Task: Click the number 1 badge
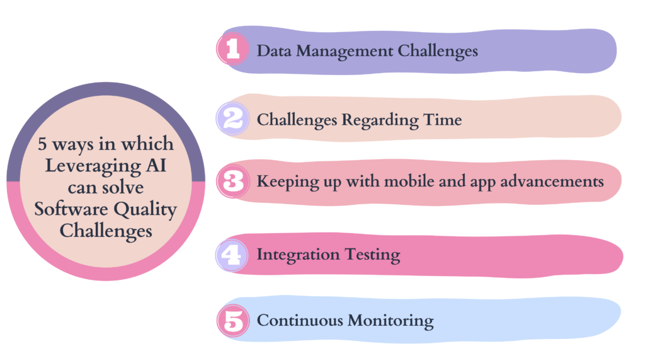click(233, 49)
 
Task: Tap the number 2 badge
click(233, 118)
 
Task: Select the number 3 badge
click(233, 181)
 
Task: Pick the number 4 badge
click(232, 255)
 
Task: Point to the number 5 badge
click(233, 321)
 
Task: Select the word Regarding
click(380, 120)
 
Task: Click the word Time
click(443, 119)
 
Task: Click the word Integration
click(298, 255)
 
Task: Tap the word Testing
click(372, 255)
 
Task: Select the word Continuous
click(300, 320)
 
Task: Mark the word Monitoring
click(391, 321)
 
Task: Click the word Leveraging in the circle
click(93, 166)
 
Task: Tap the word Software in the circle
click(71, 209)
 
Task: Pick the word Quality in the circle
click(146, 210)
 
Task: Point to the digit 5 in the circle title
click(42, 144)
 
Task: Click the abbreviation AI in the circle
click(156, 166)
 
